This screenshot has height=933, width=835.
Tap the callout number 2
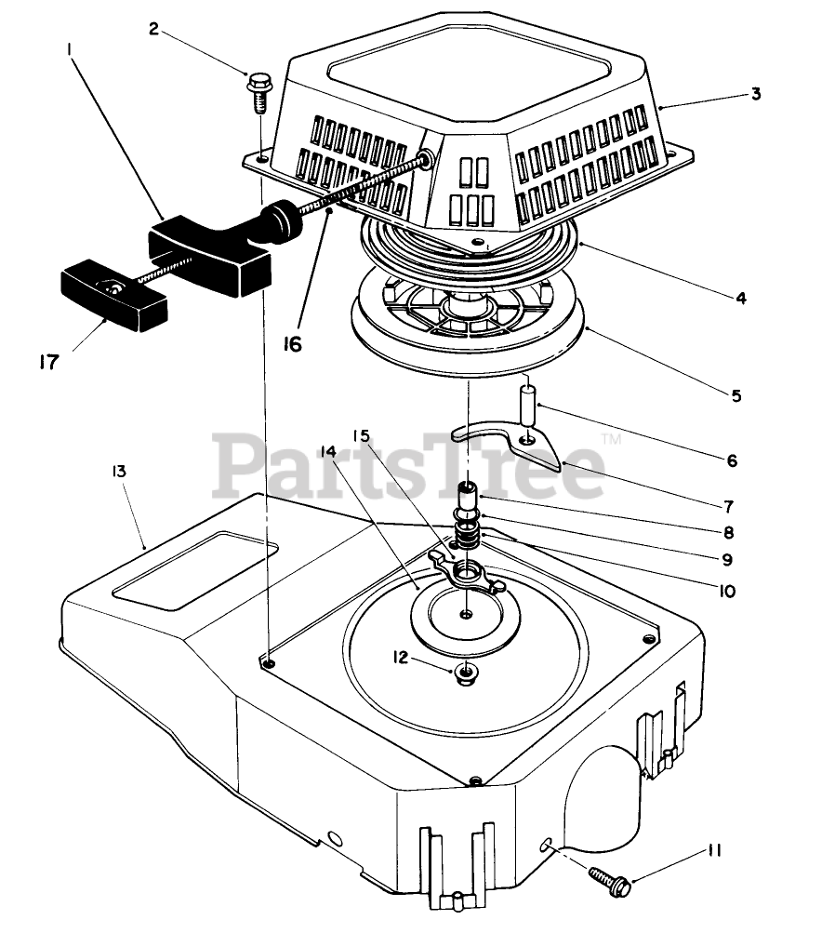(154, 28)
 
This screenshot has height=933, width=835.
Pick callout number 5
(736, 395)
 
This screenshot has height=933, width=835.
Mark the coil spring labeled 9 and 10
(468, 538)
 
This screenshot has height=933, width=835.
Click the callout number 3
(756, 94)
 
